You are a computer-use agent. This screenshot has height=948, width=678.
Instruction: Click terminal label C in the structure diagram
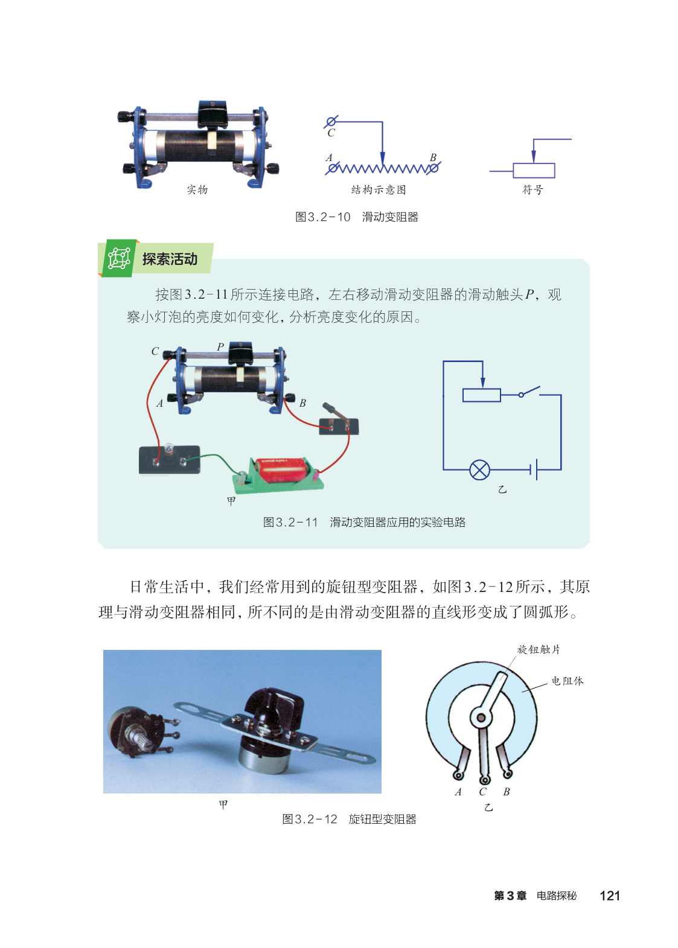coord(331,133)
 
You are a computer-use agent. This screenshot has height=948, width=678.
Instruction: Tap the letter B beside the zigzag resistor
coord(433,157)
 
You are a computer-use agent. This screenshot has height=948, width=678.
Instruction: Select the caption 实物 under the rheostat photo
coord(197,189)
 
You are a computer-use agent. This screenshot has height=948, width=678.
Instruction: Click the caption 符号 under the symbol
coord(532,189)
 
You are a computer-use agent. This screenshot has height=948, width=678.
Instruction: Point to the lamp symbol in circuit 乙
coord(479,469)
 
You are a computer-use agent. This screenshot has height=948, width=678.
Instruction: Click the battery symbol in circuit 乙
coord(534,469)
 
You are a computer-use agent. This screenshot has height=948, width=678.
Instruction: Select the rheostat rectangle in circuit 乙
coord(482,395)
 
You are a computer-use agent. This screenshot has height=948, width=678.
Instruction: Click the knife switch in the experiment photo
coord(338,421)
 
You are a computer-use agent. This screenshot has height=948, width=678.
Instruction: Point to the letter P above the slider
coord(220,346)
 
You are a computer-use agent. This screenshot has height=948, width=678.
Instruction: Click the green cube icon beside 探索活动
coord(118,258)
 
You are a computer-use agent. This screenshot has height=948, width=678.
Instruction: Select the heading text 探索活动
coord(170,259)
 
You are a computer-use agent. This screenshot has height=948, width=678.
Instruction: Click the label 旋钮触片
coord(539,650)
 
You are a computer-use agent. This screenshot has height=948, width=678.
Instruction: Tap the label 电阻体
coord(567,681)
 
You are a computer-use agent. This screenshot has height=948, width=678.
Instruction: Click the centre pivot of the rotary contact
coord(481,717)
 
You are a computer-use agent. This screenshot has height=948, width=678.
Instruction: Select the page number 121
coord(610,896)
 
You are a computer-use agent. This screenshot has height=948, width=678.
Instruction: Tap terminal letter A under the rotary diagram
coord(458,792)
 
